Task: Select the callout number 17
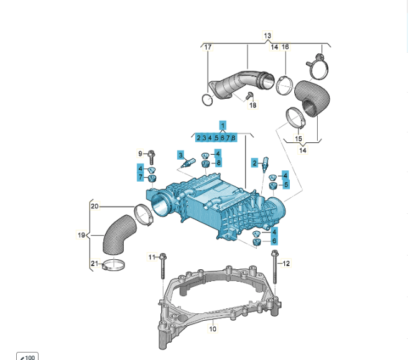click(208, 47)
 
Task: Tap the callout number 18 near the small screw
click(253, 106)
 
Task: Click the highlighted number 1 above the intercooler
click(223, 126)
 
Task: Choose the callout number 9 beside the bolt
click(141, 153)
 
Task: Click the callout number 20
click(95, 206)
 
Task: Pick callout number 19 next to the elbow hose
click(81, 235)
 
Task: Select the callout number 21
click(95, 264)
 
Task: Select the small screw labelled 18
click(248, 96)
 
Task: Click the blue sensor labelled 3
click(189, 165)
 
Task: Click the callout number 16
click(285, 47)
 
